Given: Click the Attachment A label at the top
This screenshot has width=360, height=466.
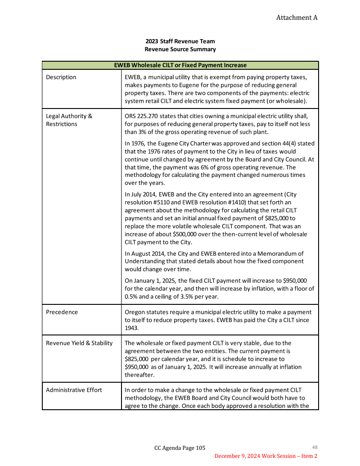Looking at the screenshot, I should [x=297, y=18].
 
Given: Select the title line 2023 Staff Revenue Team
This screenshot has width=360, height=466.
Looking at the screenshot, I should [x=180, y=41].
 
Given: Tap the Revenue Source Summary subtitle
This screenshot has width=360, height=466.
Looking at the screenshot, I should [x=180, y=49].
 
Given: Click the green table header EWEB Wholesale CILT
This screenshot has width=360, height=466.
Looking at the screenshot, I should [x=180, y=65].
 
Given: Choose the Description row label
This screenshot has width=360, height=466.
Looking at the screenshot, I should [x=61, y=77].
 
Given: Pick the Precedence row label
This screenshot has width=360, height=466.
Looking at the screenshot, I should [x=62, y=312].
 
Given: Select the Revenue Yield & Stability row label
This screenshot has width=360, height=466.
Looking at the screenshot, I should [x=79, y=343].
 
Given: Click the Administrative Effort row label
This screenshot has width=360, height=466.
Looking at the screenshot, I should [x=74, y=390].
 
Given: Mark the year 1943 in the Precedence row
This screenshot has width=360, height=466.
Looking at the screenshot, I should [x=132, y=328].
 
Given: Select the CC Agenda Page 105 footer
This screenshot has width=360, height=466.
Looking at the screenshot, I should [x=180, y=448].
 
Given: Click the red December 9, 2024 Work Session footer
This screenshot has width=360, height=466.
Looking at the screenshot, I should [x=265, y=456].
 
